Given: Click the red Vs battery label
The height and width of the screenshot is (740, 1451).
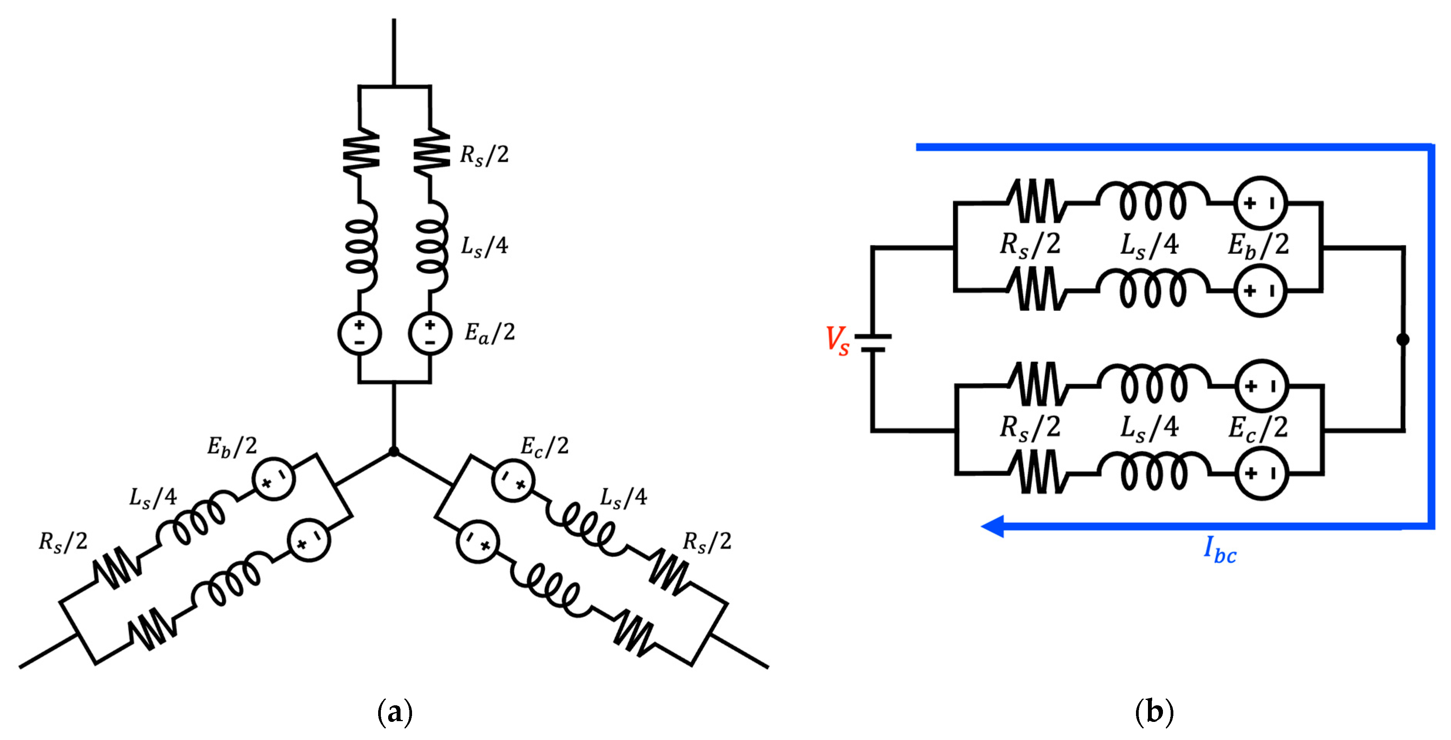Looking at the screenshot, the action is click(838, 341).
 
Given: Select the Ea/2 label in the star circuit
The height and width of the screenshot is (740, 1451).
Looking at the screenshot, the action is click(489, 333).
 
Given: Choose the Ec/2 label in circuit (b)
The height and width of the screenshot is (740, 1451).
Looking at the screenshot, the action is click(1258, 428).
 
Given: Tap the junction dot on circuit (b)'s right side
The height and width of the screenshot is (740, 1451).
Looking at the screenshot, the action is click(1403, 339).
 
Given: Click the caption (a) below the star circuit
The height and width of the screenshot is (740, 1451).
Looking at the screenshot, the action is click(395, 712).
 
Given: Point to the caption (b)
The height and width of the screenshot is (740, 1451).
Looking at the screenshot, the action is click(1154, 712).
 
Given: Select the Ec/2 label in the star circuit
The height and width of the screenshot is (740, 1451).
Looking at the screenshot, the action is click(545, 446).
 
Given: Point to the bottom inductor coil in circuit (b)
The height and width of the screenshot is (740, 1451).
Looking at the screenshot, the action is click(1154, 472).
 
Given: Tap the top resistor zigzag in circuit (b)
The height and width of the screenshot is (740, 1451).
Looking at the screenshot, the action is click(1037, 201).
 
